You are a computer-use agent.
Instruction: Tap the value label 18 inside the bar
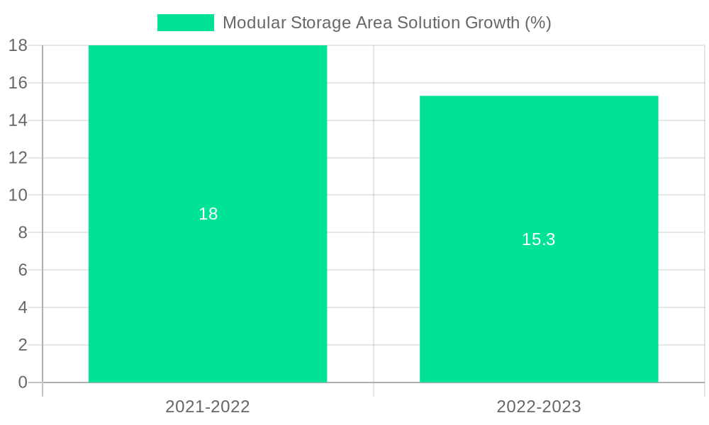coord(208,214)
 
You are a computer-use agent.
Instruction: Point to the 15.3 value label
coord(539,239)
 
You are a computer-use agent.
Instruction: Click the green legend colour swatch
coord(185,23)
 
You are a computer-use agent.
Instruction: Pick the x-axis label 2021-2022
coord(208,407)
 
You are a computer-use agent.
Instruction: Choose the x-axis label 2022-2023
coord(539,407)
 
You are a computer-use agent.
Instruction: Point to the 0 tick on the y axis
coord(22,382)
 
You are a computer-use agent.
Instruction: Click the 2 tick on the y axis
coord(22,345)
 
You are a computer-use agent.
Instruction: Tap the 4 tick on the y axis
coord(22,307)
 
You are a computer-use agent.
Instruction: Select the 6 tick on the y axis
coord(22,270)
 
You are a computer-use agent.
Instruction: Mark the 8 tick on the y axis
coord(22,232)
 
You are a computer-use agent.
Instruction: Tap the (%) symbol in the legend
coord(537,23)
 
